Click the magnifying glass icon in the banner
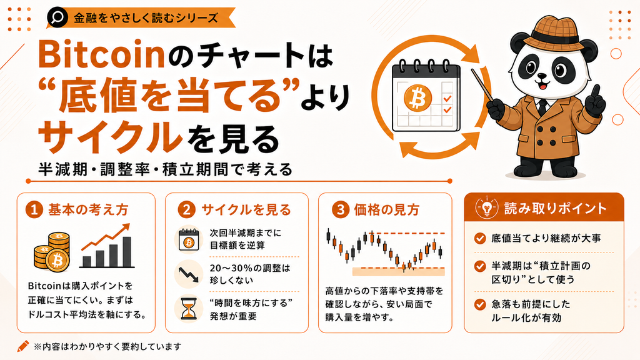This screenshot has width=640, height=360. click(57, 17)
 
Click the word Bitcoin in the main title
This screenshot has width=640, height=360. click(101, 55)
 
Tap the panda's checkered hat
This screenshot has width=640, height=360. click(552, 32)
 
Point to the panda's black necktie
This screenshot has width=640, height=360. click(542, 107)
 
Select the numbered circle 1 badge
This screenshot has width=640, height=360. click(34, 210)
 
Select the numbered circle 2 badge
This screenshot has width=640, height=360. click(187, 210)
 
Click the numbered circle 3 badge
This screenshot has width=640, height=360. click(340, 210)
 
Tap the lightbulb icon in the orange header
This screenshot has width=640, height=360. click(487, 207)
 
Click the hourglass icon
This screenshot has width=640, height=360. click(188, 309)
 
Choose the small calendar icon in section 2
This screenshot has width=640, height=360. click(189, 240)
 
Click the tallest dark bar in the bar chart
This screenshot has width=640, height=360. click(127, 252)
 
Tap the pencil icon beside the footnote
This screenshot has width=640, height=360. click(23, 346)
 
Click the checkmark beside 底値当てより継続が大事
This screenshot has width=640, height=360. click(480, 238)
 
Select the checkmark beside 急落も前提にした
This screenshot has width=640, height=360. click(480, 304)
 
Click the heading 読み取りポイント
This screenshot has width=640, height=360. click(556, 208)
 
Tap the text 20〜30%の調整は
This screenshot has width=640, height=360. click(250, 268)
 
